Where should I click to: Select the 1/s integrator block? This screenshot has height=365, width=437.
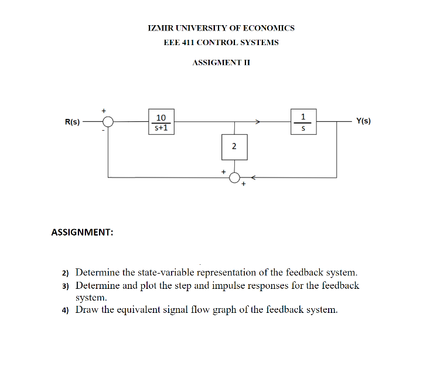tap(303, 122)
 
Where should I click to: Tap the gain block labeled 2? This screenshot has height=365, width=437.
tap(234, 146)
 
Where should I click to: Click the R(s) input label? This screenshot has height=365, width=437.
tap(72, 122)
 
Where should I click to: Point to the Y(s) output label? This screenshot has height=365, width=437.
tap(363, 122)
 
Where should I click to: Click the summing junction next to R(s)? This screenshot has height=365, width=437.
tap(108, 122)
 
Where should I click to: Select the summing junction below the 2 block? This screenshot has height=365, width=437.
tap(234, 178)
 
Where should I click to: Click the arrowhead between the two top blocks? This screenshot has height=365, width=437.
tap(257, 122)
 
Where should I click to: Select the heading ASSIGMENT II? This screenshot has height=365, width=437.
tap(221, 62)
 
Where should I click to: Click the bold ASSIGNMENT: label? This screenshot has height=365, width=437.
tap(83, 232)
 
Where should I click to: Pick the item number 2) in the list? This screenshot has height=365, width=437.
tap(66, 273)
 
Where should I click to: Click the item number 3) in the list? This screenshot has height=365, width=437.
tap(66, 286)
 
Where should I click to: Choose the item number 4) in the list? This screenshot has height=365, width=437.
tap(66, 310)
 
